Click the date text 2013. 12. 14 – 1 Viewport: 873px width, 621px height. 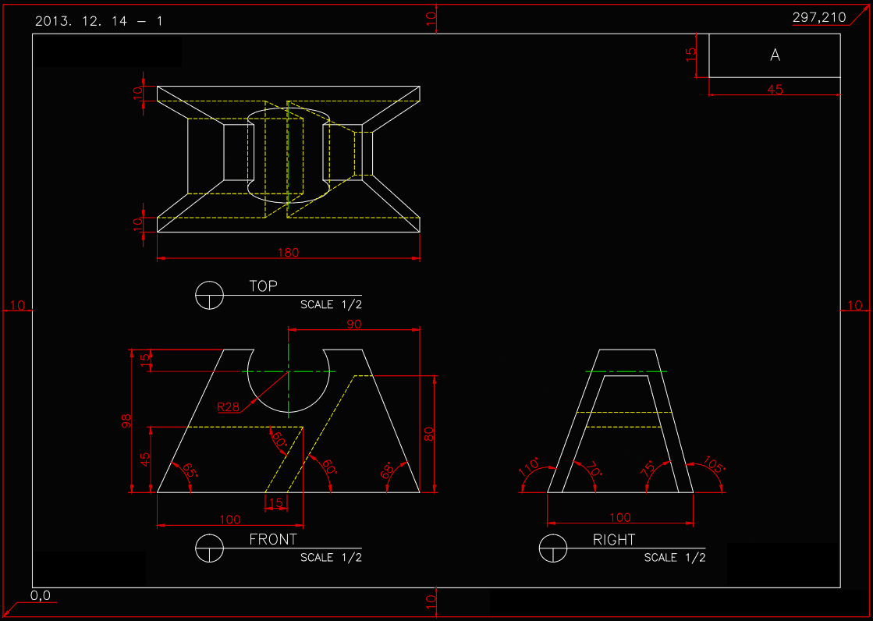99,21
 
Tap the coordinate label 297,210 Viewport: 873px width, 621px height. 819,17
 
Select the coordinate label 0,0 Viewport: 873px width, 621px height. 41,596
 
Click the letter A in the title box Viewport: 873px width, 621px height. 775,55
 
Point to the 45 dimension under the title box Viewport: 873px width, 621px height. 775,90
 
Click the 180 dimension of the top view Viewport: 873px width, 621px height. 289,253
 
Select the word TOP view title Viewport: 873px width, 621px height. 263,286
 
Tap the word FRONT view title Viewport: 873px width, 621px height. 273,539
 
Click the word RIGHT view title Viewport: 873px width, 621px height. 614,539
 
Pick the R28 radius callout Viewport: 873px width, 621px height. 228,406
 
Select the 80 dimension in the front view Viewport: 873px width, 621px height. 428,434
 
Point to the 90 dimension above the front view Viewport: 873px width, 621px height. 354,324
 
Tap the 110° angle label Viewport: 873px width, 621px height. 530,467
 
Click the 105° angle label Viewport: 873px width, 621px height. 715,466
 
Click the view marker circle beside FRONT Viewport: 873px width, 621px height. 209,548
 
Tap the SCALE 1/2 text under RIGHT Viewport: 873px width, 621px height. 675,558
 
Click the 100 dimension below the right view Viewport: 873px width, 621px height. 619,517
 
